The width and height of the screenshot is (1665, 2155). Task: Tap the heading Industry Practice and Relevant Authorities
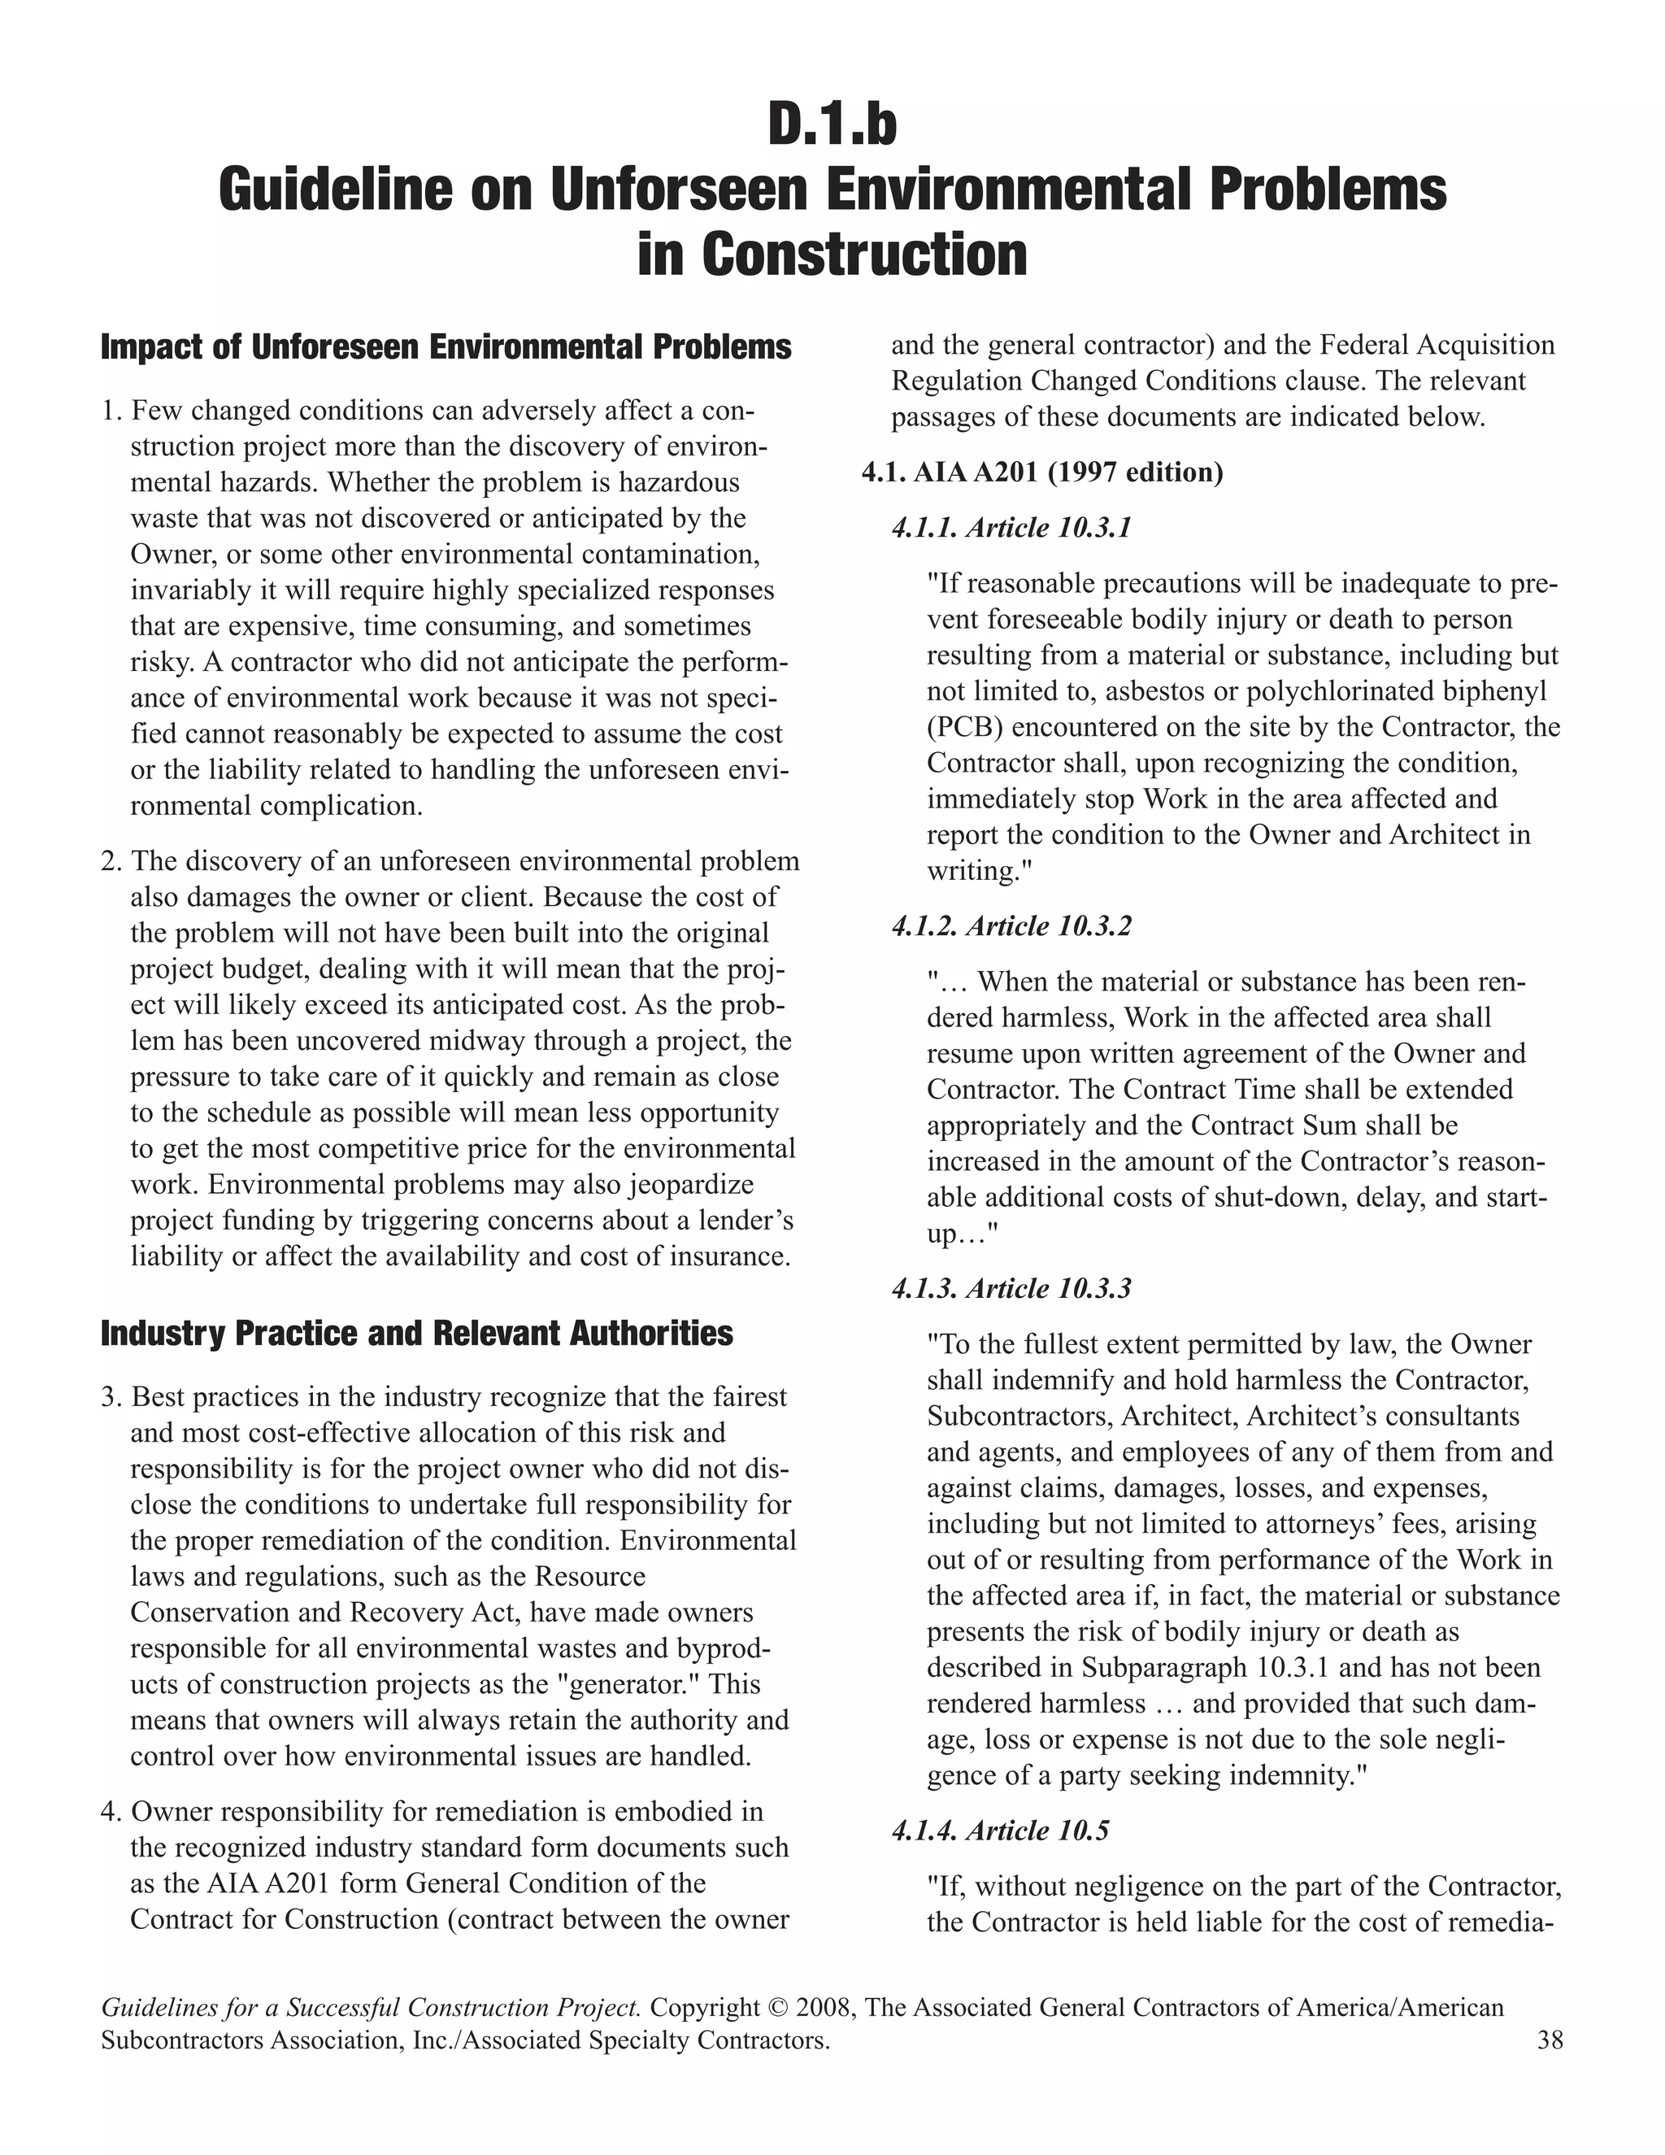coord(416,1334)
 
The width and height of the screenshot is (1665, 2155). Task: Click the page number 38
coord(1550,2040)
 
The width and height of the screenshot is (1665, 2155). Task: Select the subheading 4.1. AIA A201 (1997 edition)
coord(1042,472)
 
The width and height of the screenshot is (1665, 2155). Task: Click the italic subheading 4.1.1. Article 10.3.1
coord(1011,529)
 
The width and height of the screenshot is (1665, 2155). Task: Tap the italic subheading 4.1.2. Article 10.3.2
coord(1011,926)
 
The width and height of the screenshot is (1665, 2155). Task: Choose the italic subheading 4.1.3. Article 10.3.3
coord(1011,1289)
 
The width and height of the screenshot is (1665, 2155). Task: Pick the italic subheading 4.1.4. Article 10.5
coord(1000,1831)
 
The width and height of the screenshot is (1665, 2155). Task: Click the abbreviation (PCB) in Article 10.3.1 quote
coord(965,727)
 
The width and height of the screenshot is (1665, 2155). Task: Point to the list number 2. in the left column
coord(111,861)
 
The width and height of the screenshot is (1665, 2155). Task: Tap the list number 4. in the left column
coord(111,1813)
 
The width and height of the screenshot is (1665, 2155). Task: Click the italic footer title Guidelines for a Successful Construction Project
coord(372,2008)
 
